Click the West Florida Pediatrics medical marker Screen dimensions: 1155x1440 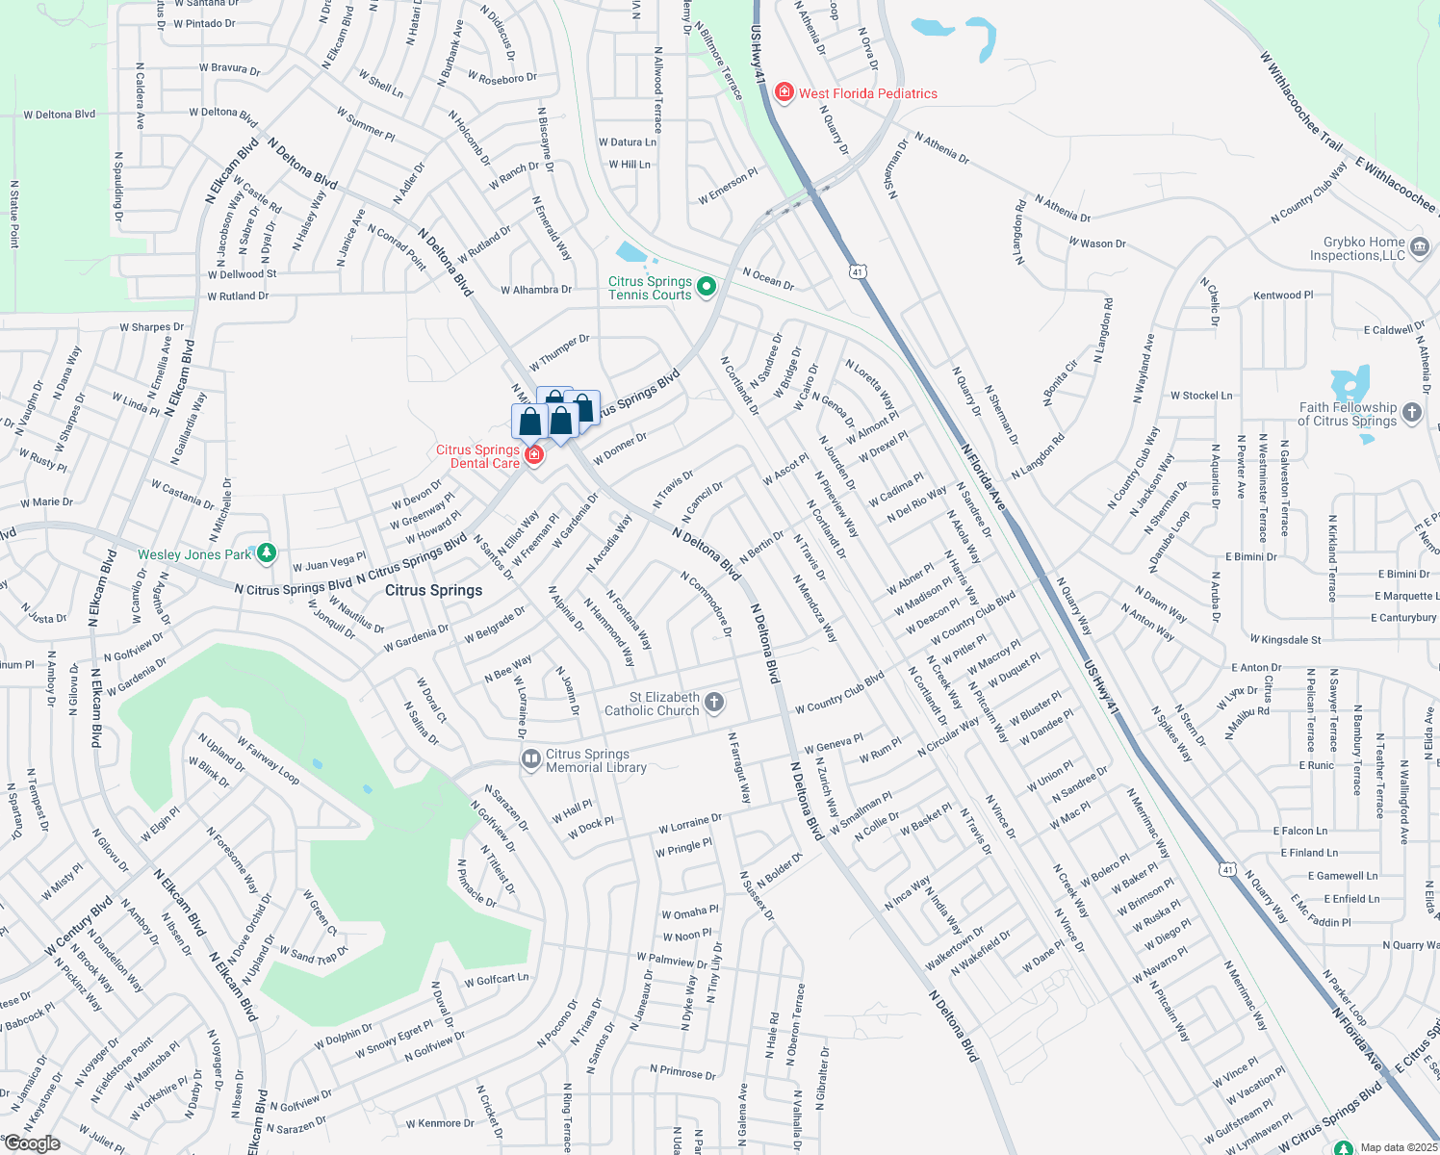coord(784,92)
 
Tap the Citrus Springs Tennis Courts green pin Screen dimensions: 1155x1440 coord(707,287)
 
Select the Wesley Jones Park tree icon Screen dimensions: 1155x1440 coord(268,552)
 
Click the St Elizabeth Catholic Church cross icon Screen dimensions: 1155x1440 coord(714,703)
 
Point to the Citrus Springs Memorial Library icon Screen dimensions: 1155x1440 coord(530,760)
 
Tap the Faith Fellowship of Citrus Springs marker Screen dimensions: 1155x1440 coord(1411,413)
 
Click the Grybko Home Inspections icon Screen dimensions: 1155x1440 coord(1420,248)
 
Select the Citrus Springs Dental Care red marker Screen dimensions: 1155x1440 coord(533,453)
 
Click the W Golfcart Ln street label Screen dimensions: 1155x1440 coord(497,980)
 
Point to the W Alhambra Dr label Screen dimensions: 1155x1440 coord(536,290)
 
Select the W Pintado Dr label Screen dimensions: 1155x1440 coord(204,23)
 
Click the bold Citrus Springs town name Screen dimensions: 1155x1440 coord(433,590)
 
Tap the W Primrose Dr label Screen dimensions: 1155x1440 coord(682,1072)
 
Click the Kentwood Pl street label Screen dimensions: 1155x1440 coord(1283,295)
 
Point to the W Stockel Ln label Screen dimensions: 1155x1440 coord(1200,396)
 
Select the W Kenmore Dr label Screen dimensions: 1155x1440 coord(439,1123)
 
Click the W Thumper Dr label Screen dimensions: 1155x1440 coord(559,353)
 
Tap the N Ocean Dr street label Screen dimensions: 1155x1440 coord(768,279)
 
